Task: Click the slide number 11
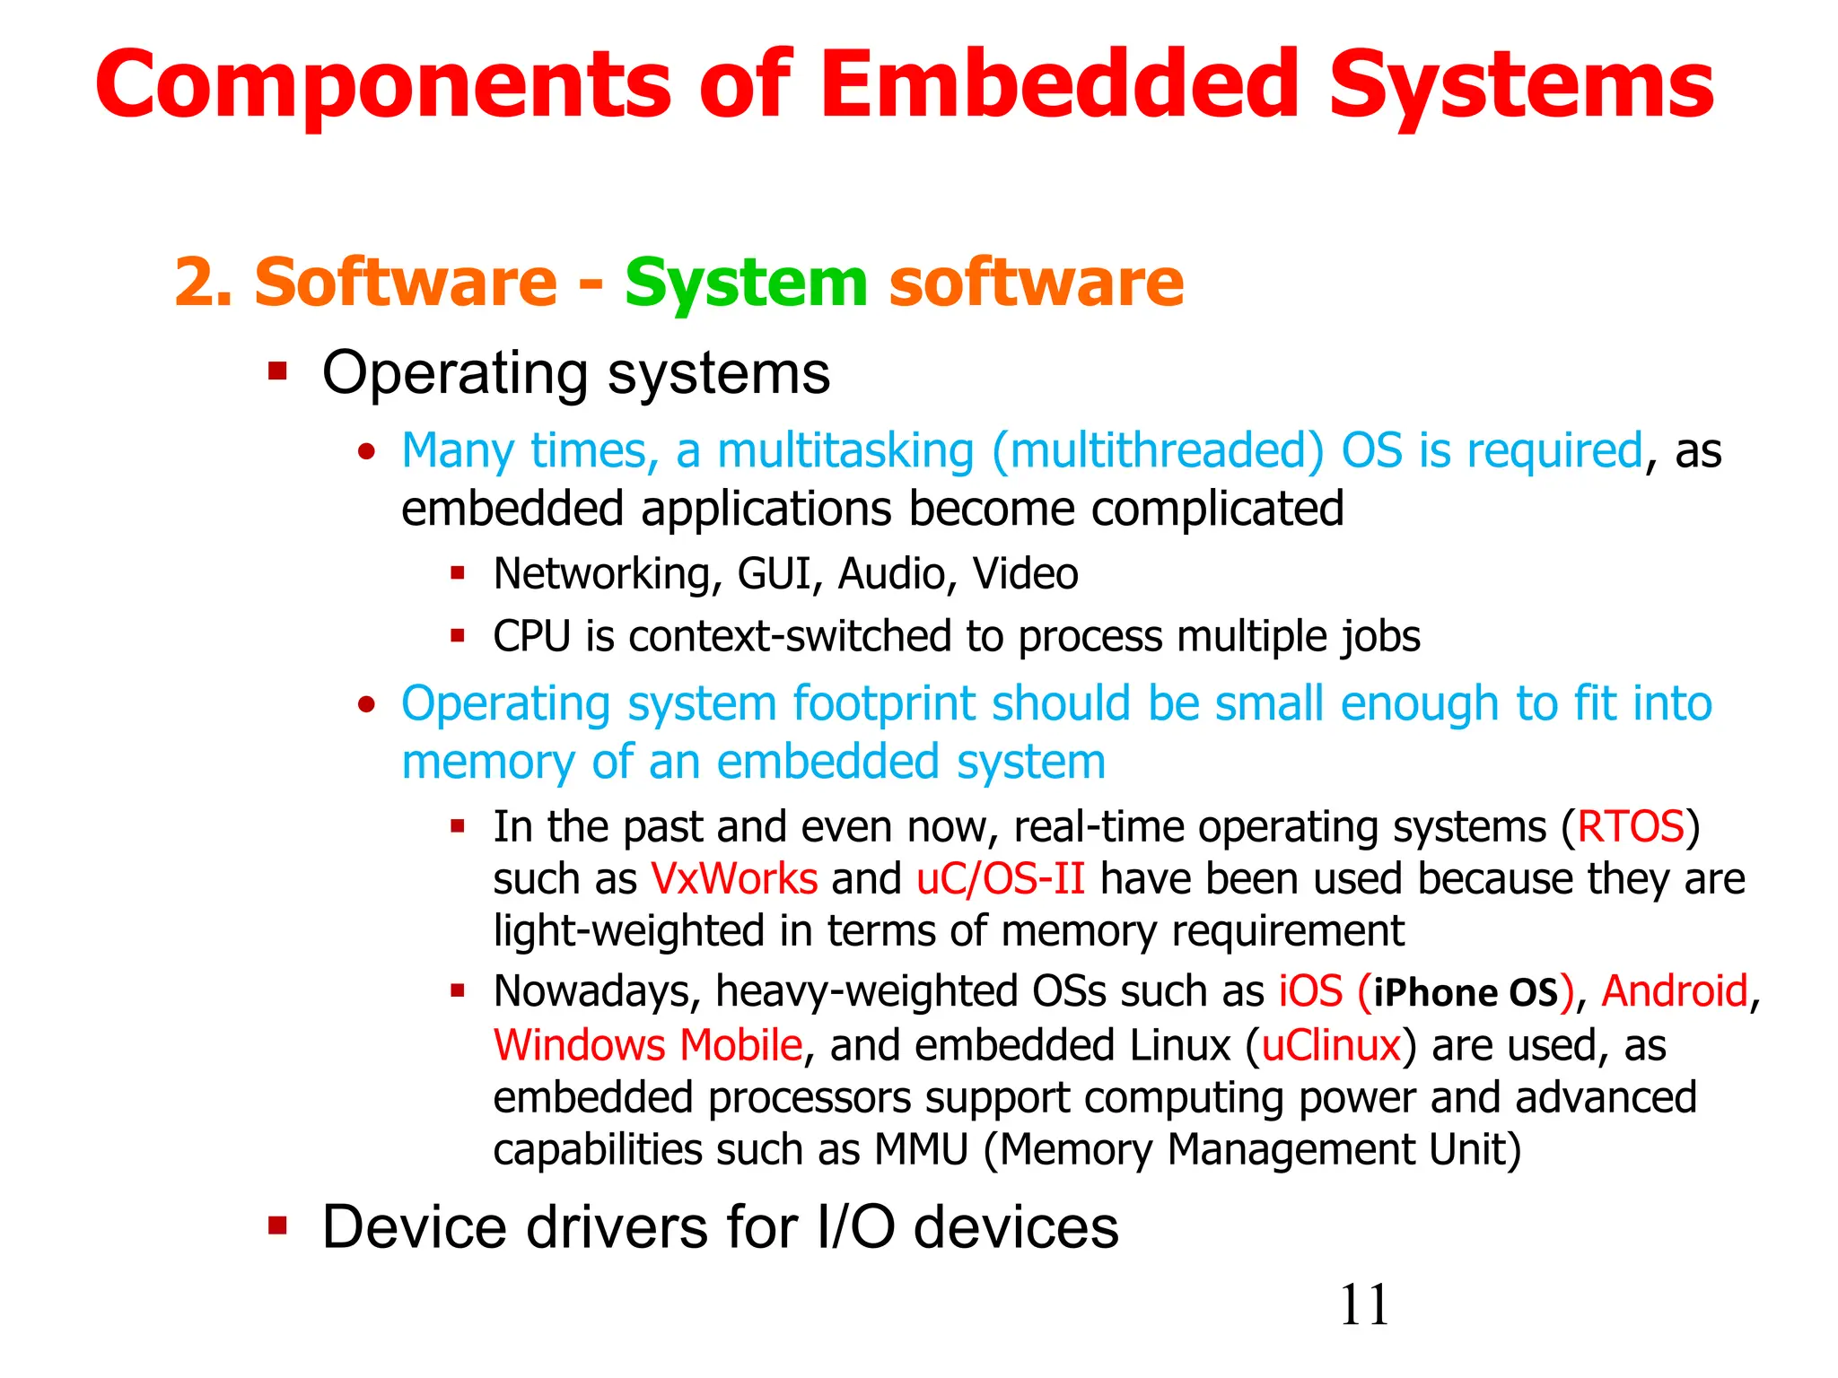tap(1363, 1305)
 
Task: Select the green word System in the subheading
tap(746, 283)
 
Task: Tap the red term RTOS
tap(1631, 826)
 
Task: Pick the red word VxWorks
tap(734, 879)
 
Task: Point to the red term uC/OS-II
tap(1001, 879)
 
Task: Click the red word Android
tap(1675, 992)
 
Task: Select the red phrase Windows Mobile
tap(648, 1046)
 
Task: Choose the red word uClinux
tap(1331, 1046)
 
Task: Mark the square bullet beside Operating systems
tap(277, 371)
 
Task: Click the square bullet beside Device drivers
tap(277, 1225)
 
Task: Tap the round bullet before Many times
tap(365, 452)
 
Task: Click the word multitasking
tap(845, 451)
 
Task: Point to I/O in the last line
tap(855, 1227)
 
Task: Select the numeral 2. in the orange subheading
tap(203, 283)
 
